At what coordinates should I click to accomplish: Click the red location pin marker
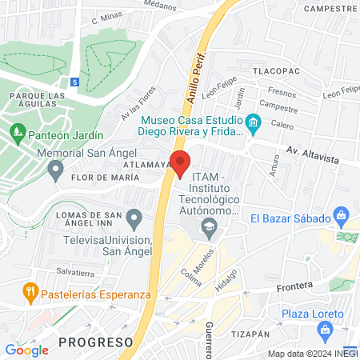pos(180,162)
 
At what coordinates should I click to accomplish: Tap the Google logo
pos(26,350)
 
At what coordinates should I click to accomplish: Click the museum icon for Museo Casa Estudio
pos(254,122)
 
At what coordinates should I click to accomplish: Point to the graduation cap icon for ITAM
pos(209,226)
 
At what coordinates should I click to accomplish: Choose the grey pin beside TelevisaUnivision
pos(134,217)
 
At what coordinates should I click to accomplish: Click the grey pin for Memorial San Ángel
pos(55,169)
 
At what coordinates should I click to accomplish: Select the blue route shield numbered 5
pos(74,82)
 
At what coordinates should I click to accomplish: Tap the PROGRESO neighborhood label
pos(94,342)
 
